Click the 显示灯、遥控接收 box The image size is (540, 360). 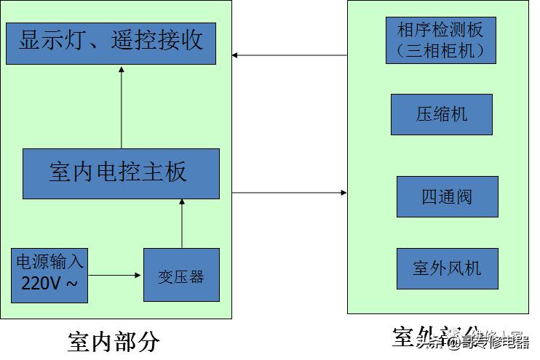[x=111, y=43]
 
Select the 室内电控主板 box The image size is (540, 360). [x=121, y=174]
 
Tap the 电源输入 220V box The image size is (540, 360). [x=49, y=275]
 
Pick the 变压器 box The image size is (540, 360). [x=181, y=275]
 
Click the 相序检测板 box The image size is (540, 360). [x=440, y=40]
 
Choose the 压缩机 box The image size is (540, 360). [x=441, y=114]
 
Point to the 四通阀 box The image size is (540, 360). [x=447, y=196]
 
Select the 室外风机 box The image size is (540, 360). [x=447, y=268]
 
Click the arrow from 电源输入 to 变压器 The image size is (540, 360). [x=115, y=276]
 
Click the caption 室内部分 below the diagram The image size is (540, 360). [x=114, y=341]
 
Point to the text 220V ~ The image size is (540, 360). [x=49, y=284]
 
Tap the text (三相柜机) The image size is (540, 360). [x=440, y=52]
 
